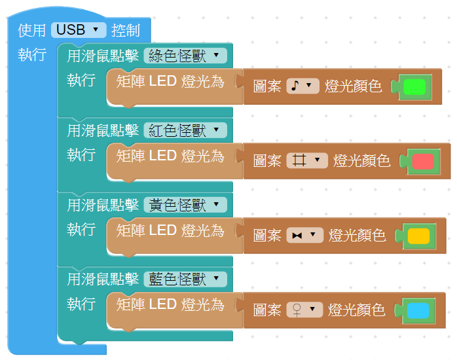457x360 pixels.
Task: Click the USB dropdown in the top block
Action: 78,29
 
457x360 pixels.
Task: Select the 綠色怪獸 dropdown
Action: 185,56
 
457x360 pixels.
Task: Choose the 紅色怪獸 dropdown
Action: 185,130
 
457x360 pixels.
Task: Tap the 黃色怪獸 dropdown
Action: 185,205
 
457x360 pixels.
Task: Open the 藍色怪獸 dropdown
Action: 185,279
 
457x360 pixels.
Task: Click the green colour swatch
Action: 414,86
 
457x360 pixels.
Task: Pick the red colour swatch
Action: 423,161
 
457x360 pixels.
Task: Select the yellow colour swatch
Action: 418,236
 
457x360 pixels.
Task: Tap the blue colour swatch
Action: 418,310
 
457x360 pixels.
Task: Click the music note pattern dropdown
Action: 302,86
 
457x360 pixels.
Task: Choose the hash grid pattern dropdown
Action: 306,161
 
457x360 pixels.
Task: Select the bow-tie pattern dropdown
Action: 304,236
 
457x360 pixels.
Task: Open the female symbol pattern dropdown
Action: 304,310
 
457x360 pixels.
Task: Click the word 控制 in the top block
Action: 126,30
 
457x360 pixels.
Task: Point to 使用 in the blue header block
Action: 32,30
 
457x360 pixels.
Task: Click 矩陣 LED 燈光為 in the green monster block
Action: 170,81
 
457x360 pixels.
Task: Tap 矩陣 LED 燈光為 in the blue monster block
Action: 170,304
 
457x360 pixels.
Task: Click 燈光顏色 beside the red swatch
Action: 361,161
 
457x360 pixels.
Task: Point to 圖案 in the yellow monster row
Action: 267,236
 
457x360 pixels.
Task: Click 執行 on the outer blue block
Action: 32,55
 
